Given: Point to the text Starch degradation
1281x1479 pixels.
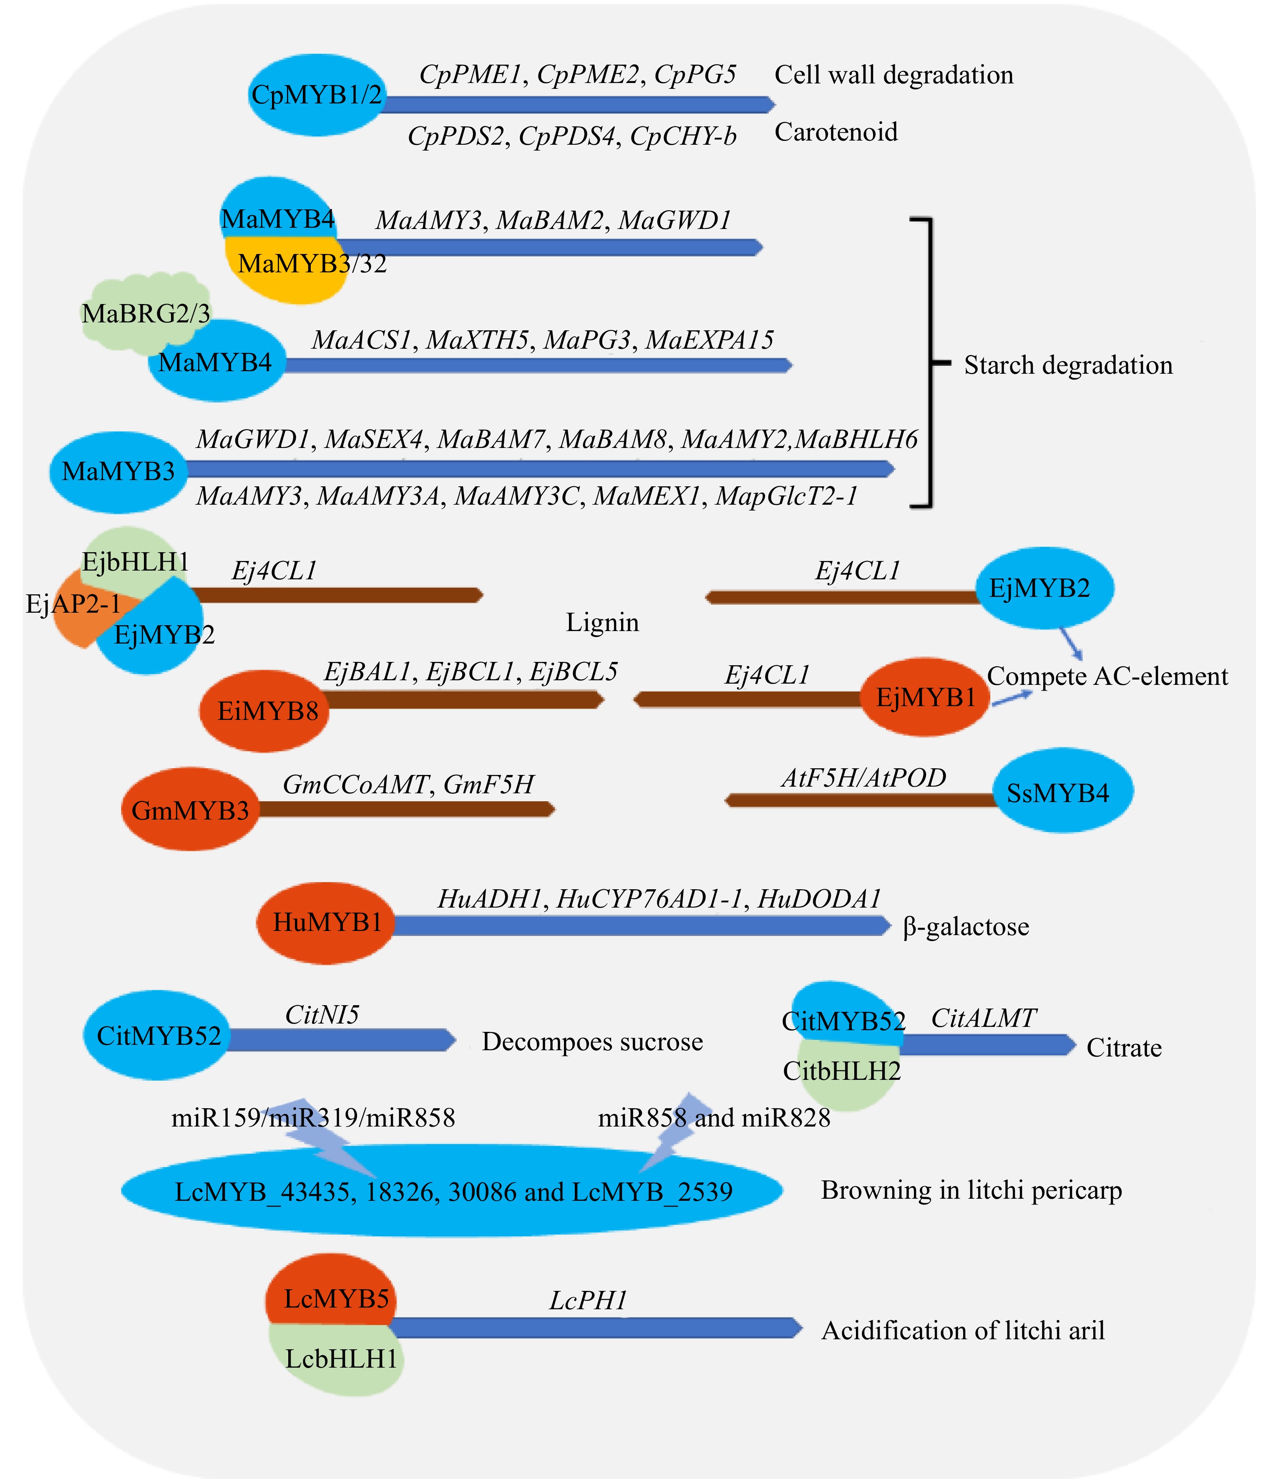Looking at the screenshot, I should tap(1068, 365).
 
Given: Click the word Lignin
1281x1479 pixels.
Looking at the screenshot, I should tap(602, 623).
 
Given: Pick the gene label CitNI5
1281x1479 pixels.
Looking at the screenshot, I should tap(322, 1014).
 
